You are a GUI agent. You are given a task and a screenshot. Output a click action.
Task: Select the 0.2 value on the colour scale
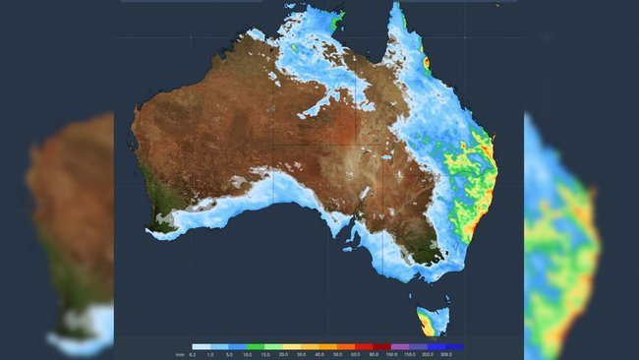coord(194,354)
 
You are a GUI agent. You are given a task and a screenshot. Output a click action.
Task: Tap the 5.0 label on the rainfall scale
coord(228,354)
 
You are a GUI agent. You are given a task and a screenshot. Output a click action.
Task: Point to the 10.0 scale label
coord(247,354)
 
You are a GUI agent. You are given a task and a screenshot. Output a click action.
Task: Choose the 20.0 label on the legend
coord(282,354)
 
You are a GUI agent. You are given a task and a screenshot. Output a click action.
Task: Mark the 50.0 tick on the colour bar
coord(336,354)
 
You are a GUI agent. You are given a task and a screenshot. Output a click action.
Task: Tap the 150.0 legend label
coord(409,354)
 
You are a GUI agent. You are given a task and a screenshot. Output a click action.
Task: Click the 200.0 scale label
coord(428,354)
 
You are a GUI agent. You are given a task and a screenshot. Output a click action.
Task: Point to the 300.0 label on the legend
coord(446,354)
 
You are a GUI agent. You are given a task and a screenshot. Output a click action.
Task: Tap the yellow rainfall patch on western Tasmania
coord(425,319)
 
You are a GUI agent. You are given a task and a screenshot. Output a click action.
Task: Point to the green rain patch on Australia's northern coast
coord(338,18)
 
